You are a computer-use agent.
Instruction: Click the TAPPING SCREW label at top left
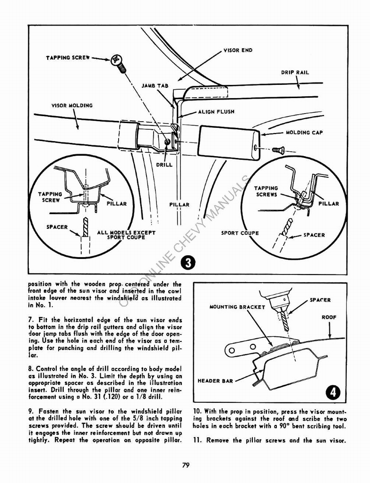68,58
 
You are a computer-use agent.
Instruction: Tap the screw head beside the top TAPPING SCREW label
116,60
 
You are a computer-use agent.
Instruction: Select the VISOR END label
238,50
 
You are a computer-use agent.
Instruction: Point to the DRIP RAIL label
295,73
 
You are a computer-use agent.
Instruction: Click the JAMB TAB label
155,86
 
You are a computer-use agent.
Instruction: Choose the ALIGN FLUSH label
216,112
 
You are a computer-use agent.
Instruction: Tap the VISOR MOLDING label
72,106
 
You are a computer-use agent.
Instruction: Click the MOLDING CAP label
304,133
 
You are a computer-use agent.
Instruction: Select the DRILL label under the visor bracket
164,165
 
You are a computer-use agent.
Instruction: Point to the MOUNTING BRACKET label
237,307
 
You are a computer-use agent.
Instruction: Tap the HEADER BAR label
215,381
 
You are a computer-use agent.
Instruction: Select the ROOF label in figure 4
329,317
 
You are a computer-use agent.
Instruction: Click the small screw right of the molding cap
279,150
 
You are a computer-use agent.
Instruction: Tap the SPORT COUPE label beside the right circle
240,233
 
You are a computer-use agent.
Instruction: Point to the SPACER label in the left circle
57,227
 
